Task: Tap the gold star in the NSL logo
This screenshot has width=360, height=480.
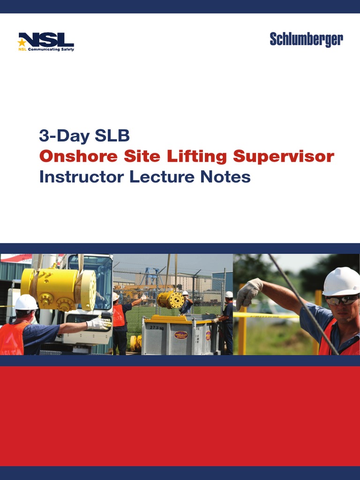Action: (x=22, y=43)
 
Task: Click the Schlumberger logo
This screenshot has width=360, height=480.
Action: (x=306, y=40)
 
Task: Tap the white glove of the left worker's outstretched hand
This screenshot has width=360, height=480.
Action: (x=99, y=323)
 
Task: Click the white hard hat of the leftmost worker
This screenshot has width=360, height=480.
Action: (x=26, y=302)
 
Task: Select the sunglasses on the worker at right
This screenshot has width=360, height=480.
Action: (x=342, y=300)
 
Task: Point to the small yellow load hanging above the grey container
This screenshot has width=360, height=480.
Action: (x=171, y=300)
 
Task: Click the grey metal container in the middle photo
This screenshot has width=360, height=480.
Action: (x=178, y=336)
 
